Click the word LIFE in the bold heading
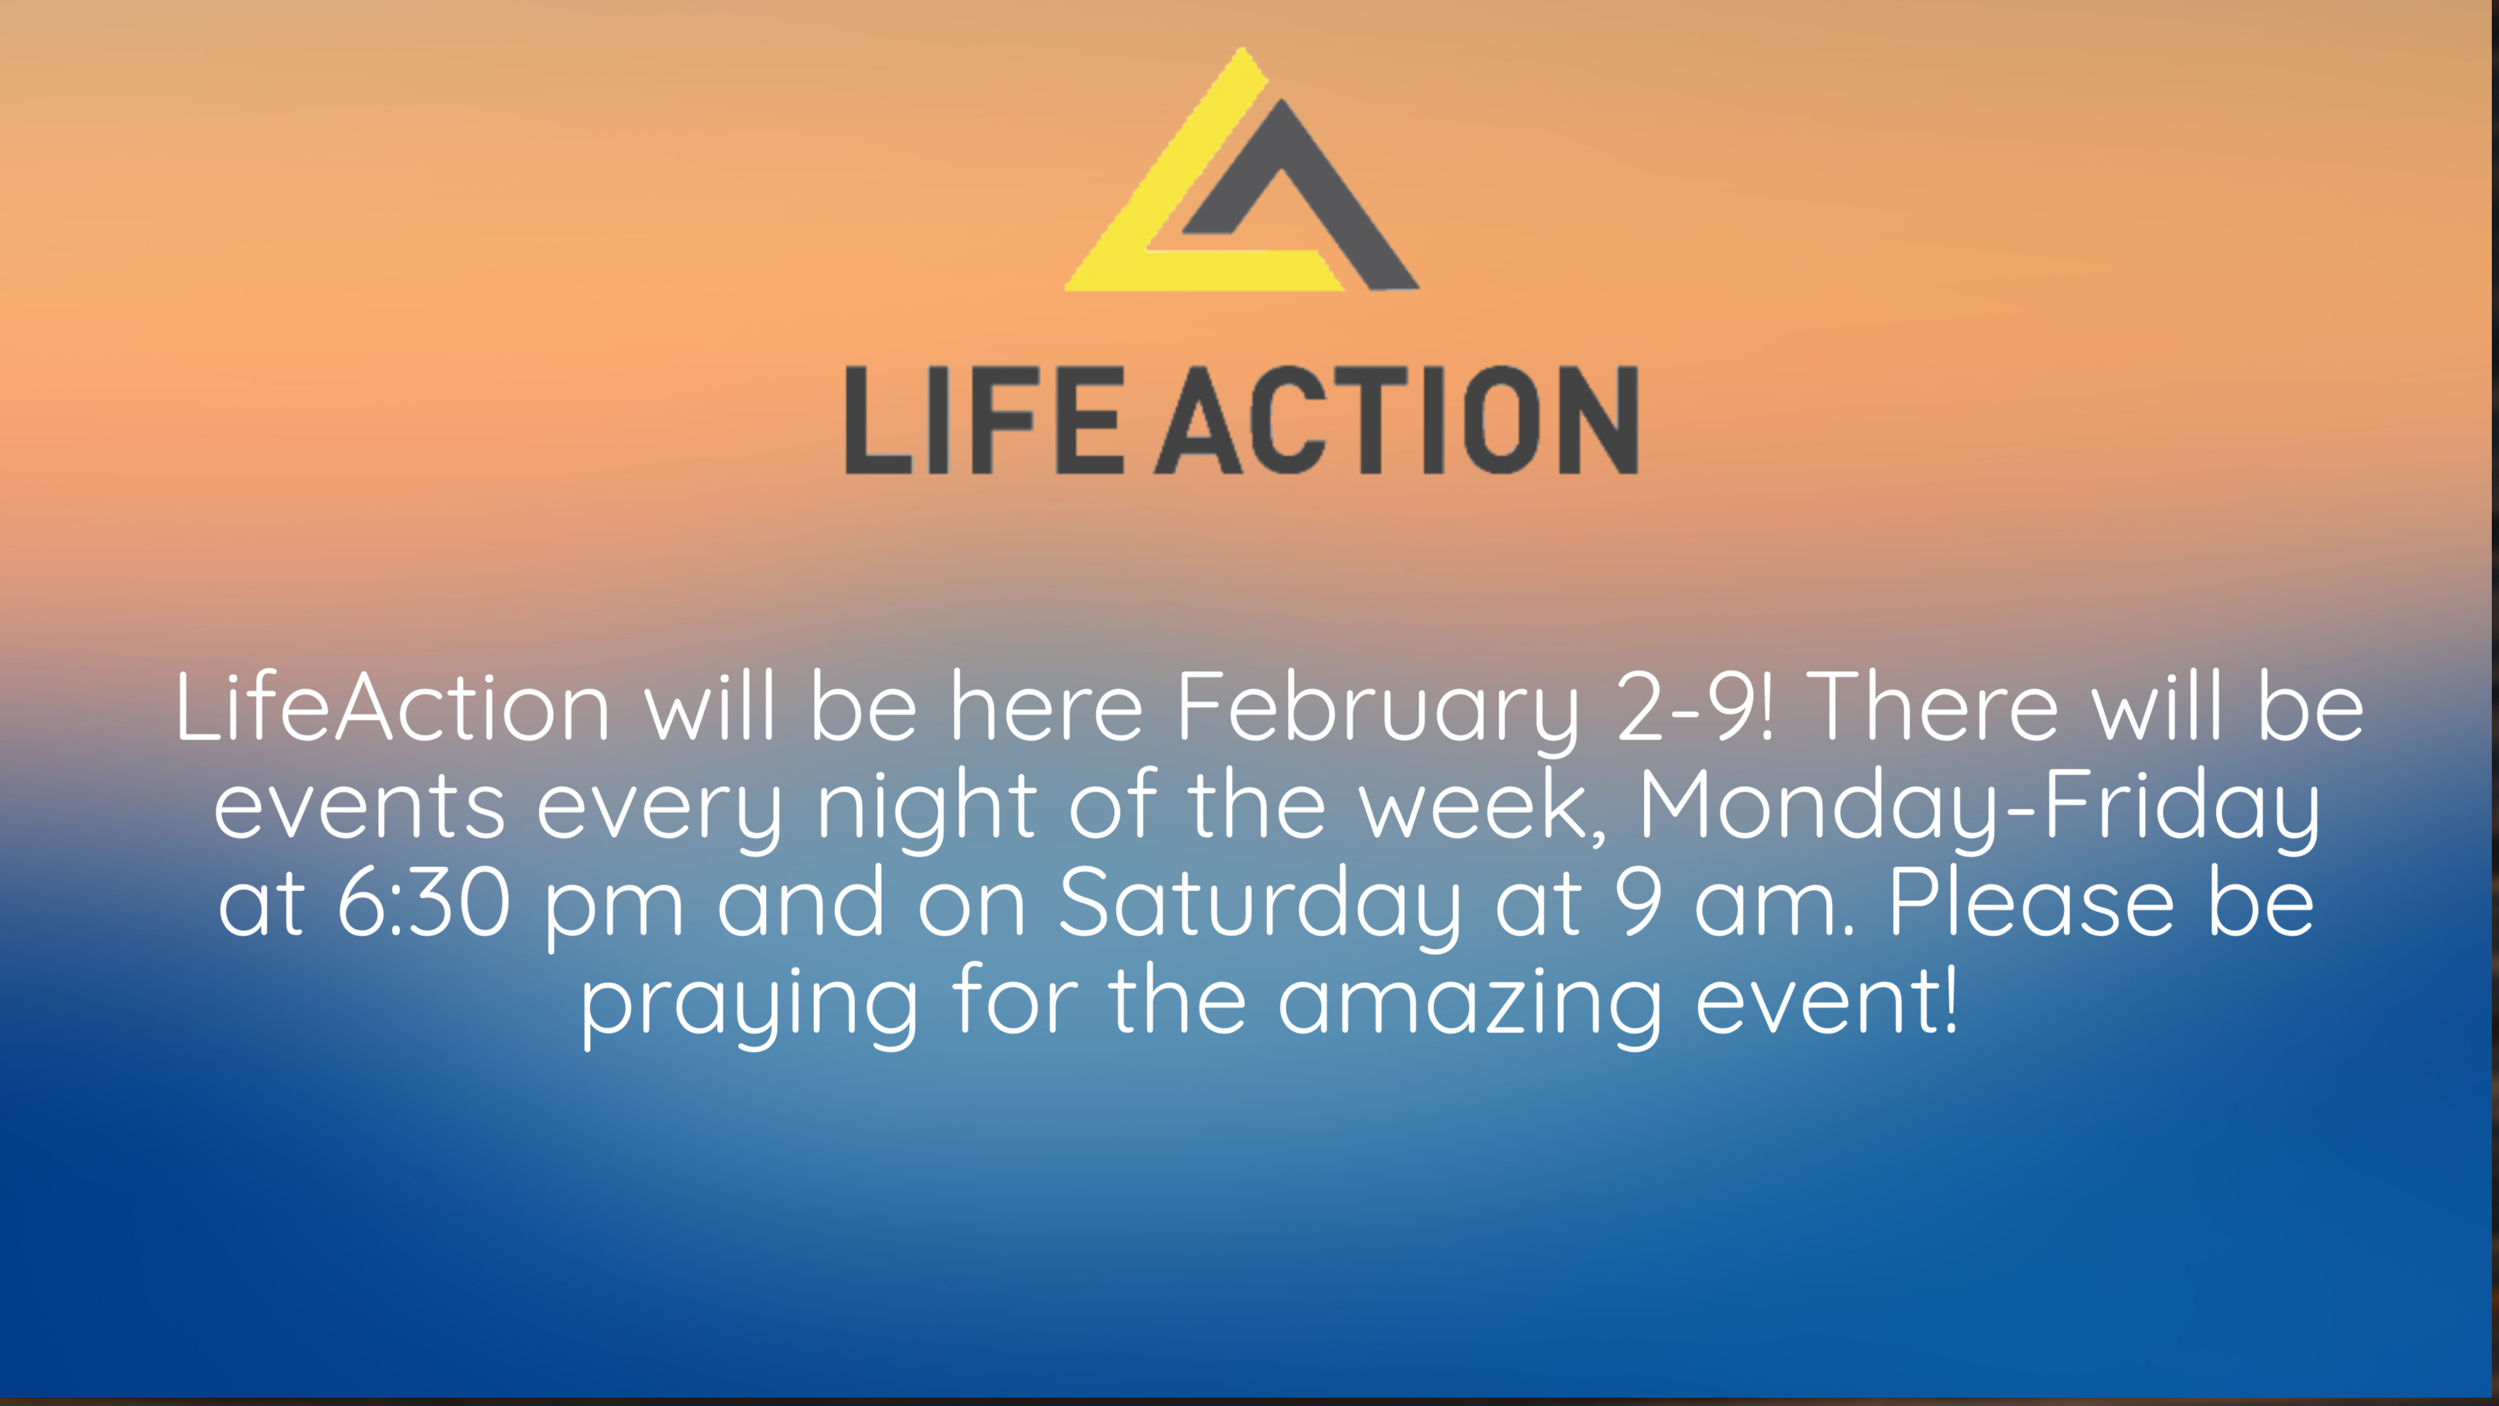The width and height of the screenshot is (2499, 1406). tap(984, 420)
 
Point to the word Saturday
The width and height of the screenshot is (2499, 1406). tap(1259, 908)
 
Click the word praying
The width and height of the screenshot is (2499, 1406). tap(749, 1009)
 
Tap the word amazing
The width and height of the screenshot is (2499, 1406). tap(1469, 1009)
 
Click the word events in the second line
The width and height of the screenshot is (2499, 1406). tap(359, 807)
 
